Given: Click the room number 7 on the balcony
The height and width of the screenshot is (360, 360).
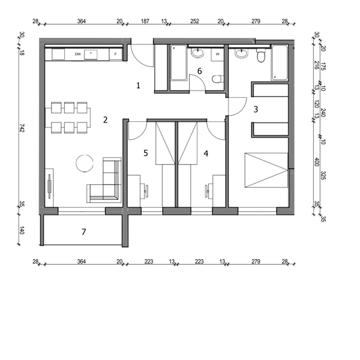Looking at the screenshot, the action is (84, 232).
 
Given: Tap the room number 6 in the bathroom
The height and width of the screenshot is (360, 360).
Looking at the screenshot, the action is (200, 71).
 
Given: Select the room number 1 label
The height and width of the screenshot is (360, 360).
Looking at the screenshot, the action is (138, 86).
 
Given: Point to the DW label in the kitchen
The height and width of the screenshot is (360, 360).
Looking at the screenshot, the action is (78, 55).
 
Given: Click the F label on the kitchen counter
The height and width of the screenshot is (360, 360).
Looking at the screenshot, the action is (115, 55).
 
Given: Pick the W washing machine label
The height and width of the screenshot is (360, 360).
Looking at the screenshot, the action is (218, 55).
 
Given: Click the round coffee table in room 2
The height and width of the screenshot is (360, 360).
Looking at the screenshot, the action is (85, 163).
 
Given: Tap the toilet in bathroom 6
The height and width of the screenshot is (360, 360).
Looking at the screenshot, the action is (217, 79).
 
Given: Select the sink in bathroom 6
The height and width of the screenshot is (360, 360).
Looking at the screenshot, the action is (197, 53).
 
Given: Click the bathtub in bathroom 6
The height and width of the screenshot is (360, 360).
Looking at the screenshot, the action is (179, 62).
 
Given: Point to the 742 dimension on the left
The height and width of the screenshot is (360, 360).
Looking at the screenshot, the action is (22, 128).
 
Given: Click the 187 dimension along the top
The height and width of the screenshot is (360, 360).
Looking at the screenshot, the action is (145, 22).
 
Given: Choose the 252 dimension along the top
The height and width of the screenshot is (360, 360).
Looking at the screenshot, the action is (194, 22).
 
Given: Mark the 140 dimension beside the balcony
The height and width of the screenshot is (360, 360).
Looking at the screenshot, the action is (22, 230).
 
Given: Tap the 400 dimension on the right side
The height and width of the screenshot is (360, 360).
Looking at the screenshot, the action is (317, 162).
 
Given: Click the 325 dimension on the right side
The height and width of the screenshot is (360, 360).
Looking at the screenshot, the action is (323, 175).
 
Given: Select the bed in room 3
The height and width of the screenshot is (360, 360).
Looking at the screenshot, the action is (266, 170).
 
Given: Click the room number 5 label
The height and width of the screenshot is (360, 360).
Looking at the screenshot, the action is (146, 153).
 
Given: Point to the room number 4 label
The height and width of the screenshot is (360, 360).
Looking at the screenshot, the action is (206, 154).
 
